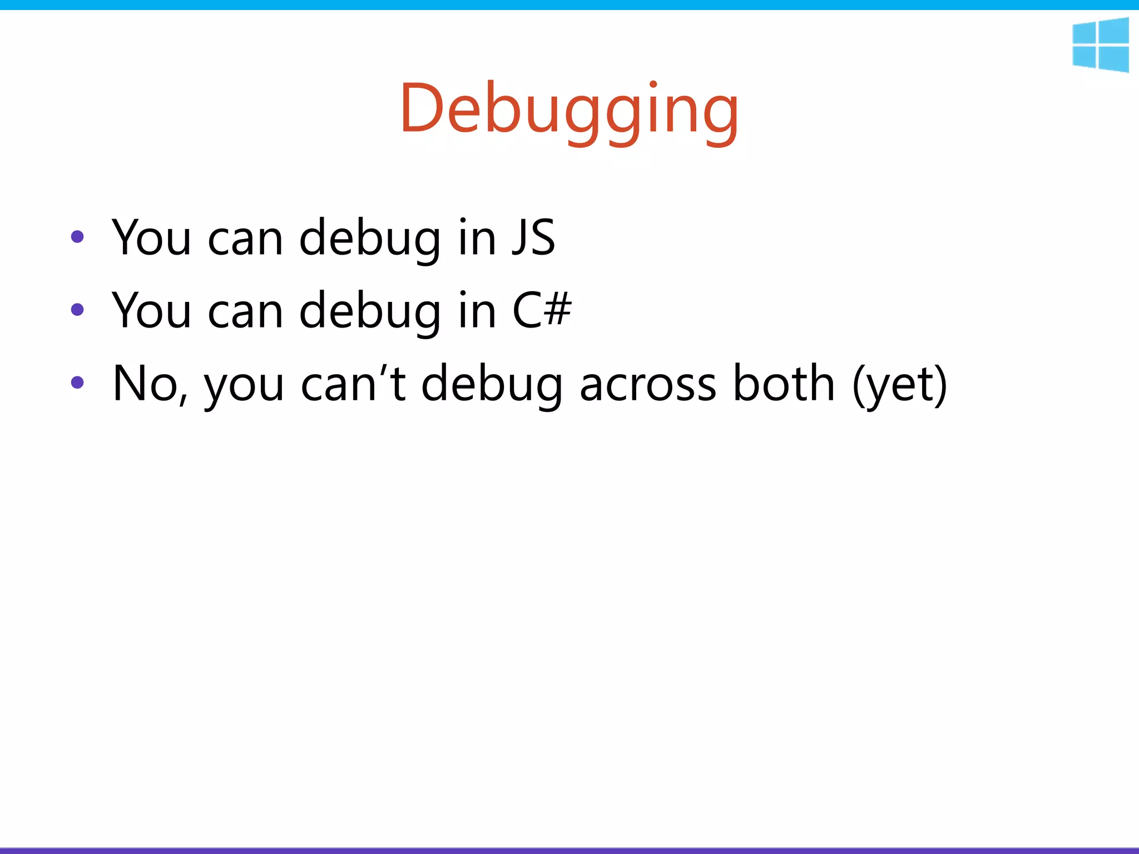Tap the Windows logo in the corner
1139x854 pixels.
point(1100,45)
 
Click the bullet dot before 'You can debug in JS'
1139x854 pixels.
point(77,237)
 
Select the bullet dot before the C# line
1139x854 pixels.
point(77,310)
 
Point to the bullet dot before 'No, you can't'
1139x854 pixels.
point(77,383)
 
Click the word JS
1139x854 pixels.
point(533,237)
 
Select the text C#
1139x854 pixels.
point(541,310)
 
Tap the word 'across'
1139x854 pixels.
point(648,384)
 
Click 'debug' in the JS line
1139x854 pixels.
point(370,237)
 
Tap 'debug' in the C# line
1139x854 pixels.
point(370,310)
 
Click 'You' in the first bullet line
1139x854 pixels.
point(152,237)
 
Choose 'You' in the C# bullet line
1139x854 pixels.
point(152,310)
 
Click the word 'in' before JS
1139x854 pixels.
point(477,237)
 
